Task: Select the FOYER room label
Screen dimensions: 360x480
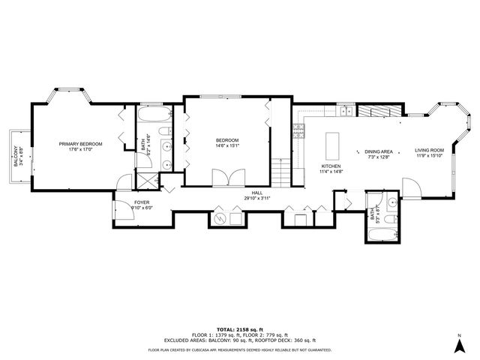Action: point(142,202)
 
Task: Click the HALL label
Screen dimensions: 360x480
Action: point(256,192)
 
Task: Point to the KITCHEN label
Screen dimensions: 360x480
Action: point(331,166)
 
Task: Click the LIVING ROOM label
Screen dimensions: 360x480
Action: point(430,150)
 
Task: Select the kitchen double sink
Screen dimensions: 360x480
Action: point(345,112)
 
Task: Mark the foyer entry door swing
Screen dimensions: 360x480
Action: point(124,212)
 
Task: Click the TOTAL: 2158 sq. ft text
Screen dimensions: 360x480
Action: point(239,330)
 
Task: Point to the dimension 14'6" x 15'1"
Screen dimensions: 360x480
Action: point(227,146)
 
